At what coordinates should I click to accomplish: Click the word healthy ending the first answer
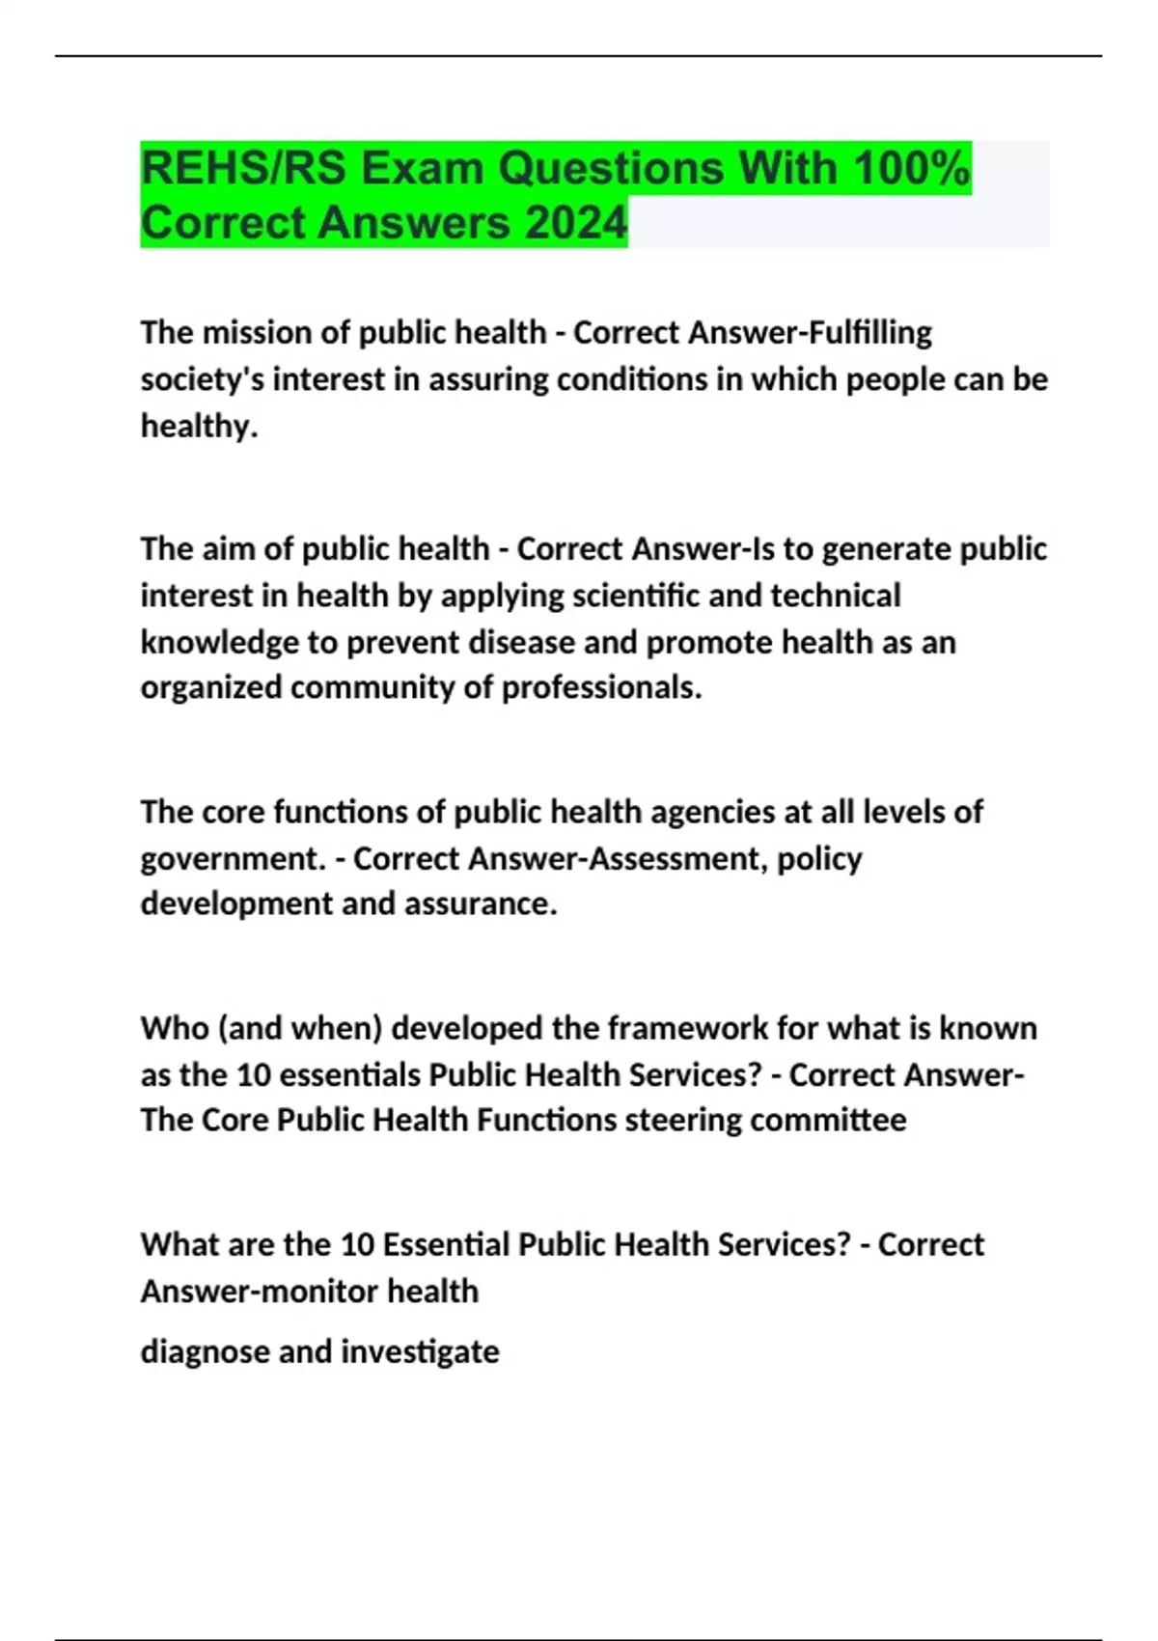coord(197,426)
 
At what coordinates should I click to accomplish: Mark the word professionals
coord(599,687)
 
